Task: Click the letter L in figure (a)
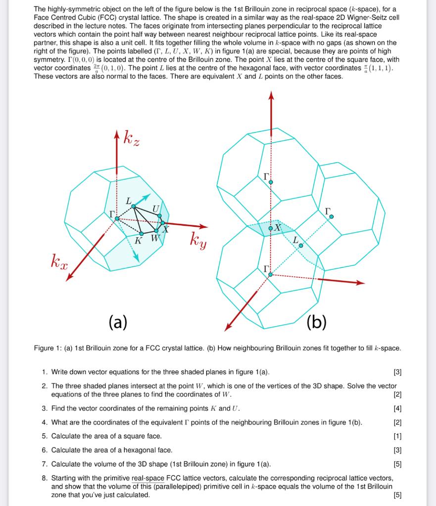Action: click(x=129, y=201)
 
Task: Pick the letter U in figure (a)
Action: click(x=156, y=210)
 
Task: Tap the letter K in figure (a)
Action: click(x=139, y=240)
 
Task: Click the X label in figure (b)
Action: click(x=278, y=228)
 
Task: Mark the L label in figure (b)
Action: click(x=296, y=240)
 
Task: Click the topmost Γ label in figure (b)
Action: click(x=267, y=176)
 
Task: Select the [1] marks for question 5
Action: click(x=396, y=436)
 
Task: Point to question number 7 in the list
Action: click(x=45, y=464)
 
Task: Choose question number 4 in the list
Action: click(x=45, y=422)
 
